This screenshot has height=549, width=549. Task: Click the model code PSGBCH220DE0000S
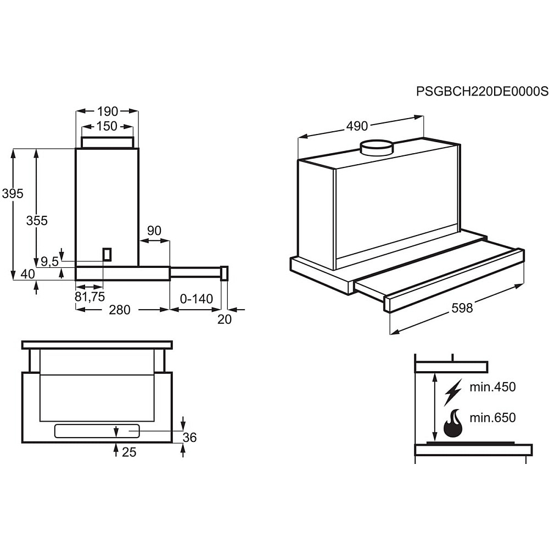tap(482, 91)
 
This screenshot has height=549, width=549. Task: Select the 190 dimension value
tap(107, 110)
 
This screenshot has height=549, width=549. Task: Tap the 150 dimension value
tap(107, 126)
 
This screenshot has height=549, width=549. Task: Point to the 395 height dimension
tap(13, 193)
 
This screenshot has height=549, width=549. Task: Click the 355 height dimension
tap(37, 221)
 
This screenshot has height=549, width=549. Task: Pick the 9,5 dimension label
tap(49, 261)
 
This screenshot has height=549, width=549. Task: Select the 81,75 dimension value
tap(89, 296)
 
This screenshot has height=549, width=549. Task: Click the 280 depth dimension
tap(119, 310)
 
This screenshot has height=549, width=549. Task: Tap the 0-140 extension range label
tap(196, 299)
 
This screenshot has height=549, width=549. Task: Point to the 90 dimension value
tap(154, 231)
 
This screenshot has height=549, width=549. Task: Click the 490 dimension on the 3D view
tap(356, 126)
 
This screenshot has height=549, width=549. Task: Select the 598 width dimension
tap(462, 308)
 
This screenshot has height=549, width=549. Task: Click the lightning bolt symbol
tap(453, 391)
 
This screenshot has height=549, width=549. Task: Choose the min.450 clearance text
tap(492, 387)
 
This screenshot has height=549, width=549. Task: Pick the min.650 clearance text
tap(492, 418)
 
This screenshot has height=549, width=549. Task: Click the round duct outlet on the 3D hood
tap(377, 147)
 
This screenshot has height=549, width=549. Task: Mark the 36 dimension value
tap(189, 438)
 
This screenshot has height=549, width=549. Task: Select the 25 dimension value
tap(129, 452)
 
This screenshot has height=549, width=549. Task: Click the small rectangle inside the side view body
tap(107, 254)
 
